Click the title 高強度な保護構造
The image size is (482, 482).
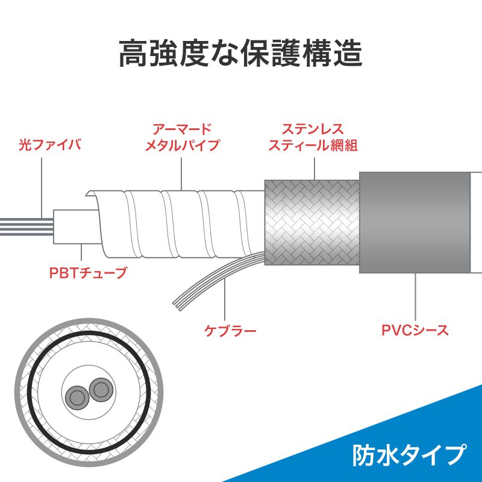tap(240, 54)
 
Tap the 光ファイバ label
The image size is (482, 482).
tap(50, 145)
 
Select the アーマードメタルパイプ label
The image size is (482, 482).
tap(183, 137)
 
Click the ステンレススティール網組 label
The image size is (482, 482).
tap(313, 137)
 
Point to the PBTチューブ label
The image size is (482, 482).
tap(88, 273)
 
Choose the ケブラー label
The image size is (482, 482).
tap(230, 331)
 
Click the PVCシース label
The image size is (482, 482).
tap(415, 330)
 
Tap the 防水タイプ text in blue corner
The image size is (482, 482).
tap(409, 455)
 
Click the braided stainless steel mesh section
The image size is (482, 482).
tap(311, 222)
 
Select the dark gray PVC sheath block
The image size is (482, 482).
tap(415, 222)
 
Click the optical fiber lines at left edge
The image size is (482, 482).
tap(27, 227)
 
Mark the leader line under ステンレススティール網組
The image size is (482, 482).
tap(315, 169)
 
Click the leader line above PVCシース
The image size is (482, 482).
tap(415, 297)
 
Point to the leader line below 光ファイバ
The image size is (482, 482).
tap(42, 189)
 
